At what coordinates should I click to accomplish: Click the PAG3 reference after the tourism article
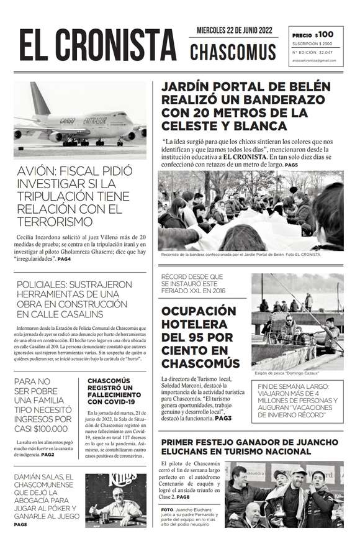click(x=223, y=419)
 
